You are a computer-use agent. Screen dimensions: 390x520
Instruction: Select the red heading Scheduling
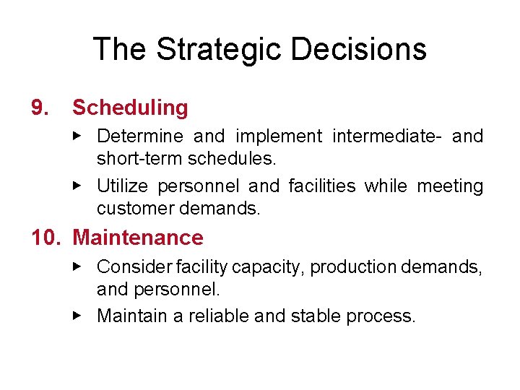pyautogui.click(x=130, y=108)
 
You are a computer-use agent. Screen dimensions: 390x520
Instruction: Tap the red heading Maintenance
pyautogui.click(x=138, y=238)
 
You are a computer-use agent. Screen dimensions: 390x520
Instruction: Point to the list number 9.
pyautogui.click(x=41, y=108)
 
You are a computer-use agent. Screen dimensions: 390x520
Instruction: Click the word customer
pyautogui.click(x=131, y=209)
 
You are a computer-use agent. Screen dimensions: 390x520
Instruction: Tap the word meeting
pyautogui.click(x=450, y=186)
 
